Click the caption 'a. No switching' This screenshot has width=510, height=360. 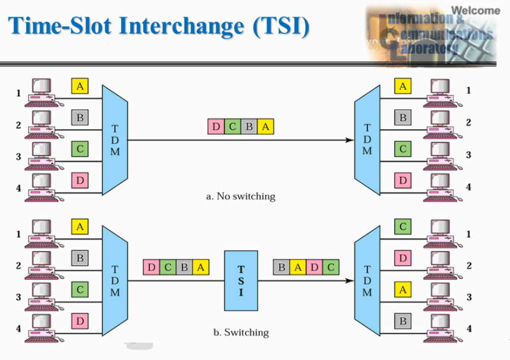click(x=241, y=196)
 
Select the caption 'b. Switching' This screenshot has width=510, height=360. click(x=240, y=332)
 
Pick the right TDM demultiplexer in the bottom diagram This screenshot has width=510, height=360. click(x=367, y=280)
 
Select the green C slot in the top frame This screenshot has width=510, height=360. click(x=233, y=127)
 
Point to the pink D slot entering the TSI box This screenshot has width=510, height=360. click(x=151, y=268)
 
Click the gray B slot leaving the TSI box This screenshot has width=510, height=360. click(x=281, y=268)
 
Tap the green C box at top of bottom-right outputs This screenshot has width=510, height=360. click(x=402, y=226)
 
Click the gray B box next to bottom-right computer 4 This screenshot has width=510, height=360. click(x=402, y=321)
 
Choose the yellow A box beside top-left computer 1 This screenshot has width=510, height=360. click(x=79, y=86)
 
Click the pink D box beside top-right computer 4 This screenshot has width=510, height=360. click(x=402, y=181)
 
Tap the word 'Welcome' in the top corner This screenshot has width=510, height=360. click(x=476, y=10)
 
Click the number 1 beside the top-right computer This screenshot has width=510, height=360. click(x=469, y=90)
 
